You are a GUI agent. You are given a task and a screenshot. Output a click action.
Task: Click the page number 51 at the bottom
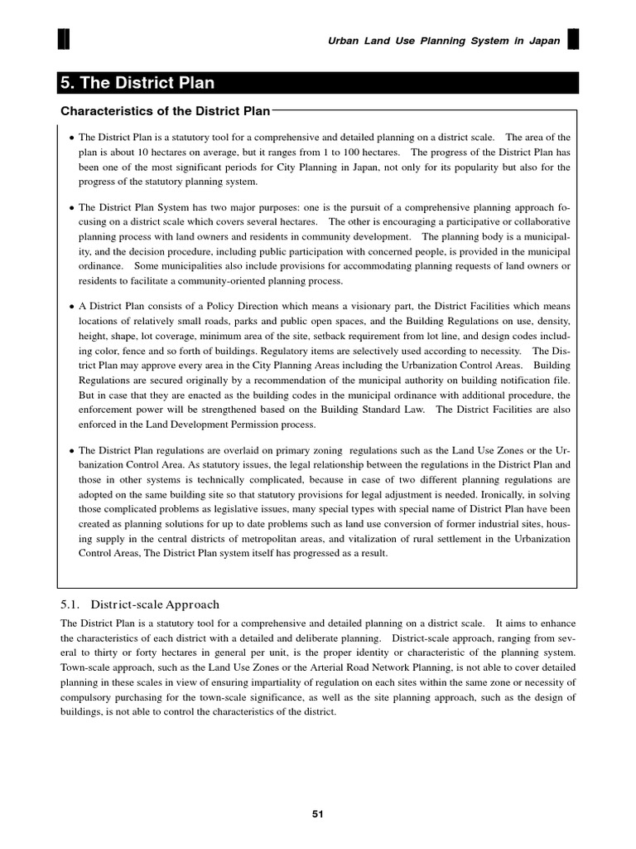pos(318,814)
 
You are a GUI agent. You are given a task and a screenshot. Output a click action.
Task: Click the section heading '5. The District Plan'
pos(137,83)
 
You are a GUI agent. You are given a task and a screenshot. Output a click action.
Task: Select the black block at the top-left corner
pos(64,40)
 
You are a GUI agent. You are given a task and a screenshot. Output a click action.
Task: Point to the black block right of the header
pos(572,40)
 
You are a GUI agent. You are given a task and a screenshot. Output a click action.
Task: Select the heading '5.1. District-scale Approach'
pos(140,604)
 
